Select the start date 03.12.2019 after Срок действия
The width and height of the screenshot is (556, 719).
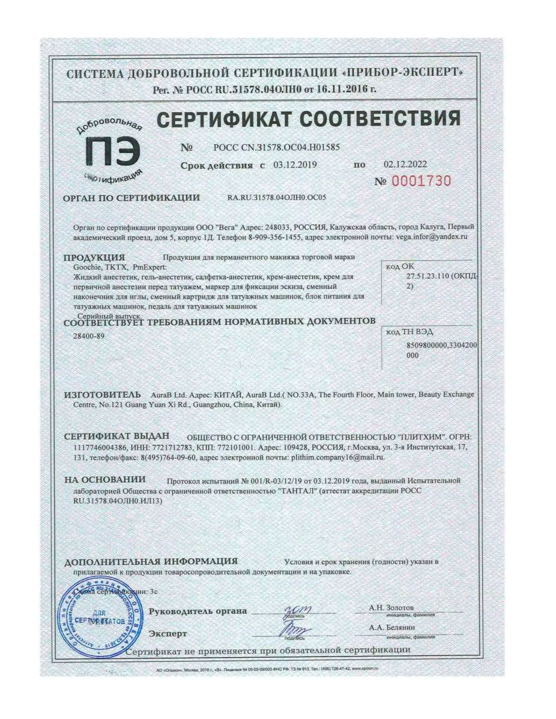[295, 165]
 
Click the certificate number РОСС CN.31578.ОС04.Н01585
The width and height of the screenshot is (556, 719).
[277, 147]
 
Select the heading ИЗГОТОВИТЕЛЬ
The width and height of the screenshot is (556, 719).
[102, 394]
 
